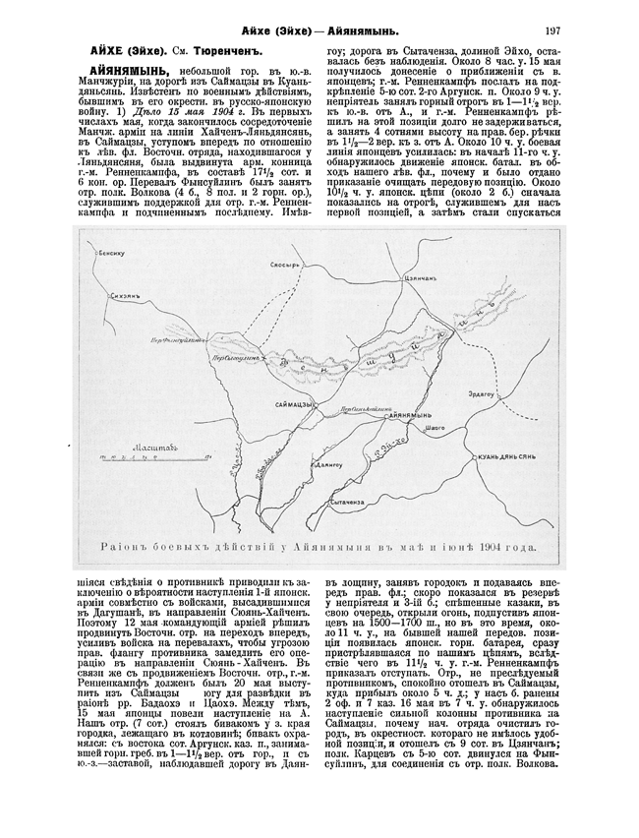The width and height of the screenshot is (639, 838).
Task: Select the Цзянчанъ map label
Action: point(419,280)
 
